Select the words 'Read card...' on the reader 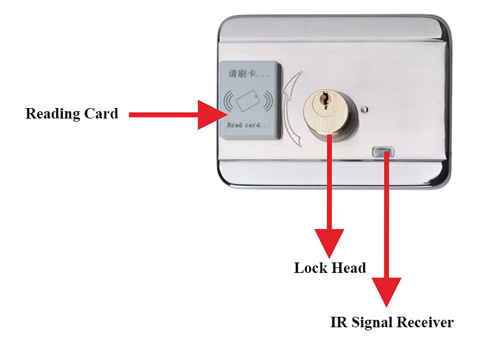[248, 125]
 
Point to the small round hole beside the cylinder [365, 111]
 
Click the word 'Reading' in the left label [53, 114]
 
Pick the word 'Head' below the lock [348, 268]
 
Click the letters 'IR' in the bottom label [337, 322]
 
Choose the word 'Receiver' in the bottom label [425, 322]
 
